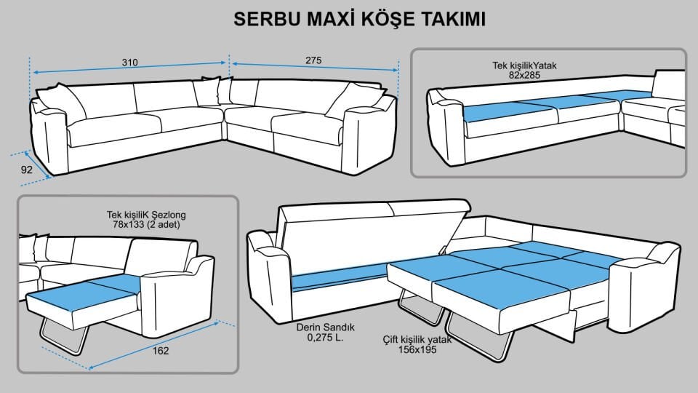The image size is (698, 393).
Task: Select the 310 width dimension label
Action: [x=130, y=63]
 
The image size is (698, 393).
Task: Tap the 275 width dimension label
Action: [x=313, y=60]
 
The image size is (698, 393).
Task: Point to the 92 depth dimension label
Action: [x=26, y=170]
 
